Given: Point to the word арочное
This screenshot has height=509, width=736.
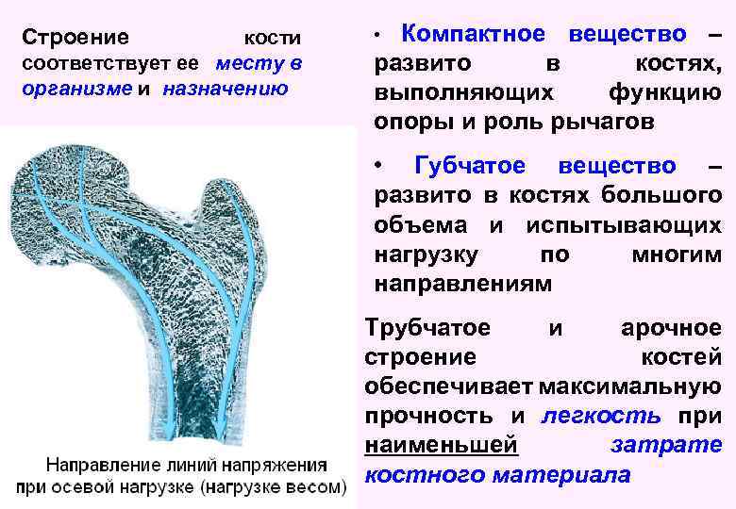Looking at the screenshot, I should click(x=670, y=328).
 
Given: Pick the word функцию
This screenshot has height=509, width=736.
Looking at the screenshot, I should click(x=665, y=93).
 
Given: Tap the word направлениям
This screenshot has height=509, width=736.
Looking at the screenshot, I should click(x=461, y=282).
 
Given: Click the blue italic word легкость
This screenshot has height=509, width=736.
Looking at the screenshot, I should click(x=601, y=416).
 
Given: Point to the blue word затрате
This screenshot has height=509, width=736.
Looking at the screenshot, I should click(x=666, y=445).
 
